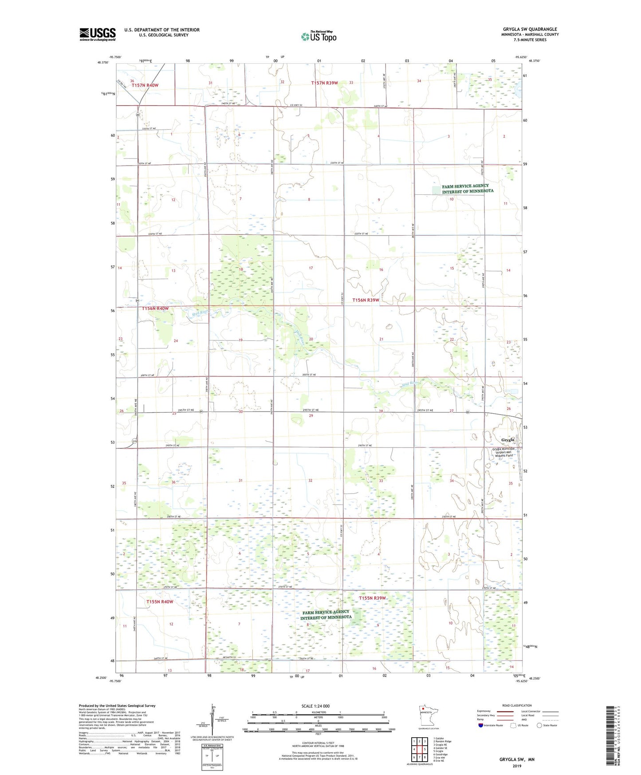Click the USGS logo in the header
[x=97, y=34]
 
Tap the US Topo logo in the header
[x=319, y=36]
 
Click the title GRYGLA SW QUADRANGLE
[x=530, y=29]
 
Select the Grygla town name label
[x=507, y=440]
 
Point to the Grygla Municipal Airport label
[x=504, y=452]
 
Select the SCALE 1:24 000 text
[x=315, y=706]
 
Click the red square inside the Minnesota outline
[x=423, y=708]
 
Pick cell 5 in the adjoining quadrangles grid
[x=425, y=749]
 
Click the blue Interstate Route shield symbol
[x=480, y=725]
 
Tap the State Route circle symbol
[x=539, y=725]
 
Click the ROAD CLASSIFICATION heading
[x=517, y=705]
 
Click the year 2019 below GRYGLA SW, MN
[x=517, y=766]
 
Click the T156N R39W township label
[x=366, y=300]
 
